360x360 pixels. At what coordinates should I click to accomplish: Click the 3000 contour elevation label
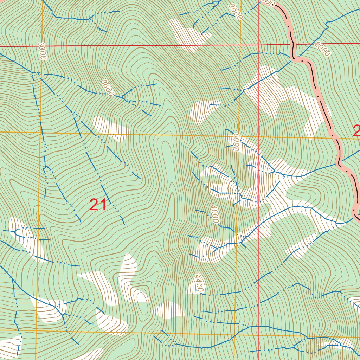pos(41,52)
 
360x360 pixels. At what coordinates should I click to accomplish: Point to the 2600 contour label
pos(235,12)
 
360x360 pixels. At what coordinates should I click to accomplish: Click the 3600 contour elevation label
pos(236,142)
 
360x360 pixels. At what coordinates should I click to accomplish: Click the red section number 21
pos(98,205)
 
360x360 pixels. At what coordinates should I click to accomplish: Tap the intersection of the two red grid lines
pos(258,45)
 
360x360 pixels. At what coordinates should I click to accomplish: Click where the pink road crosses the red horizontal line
pos(291,44)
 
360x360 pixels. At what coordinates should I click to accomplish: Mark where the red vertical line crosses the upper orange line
pos(258,137)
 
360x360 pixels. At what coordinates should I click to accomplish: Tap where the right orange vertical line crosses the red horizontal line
pos(240,45)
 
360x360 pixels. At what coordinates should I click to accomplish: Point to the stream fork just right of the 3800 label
pos(123,97)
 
